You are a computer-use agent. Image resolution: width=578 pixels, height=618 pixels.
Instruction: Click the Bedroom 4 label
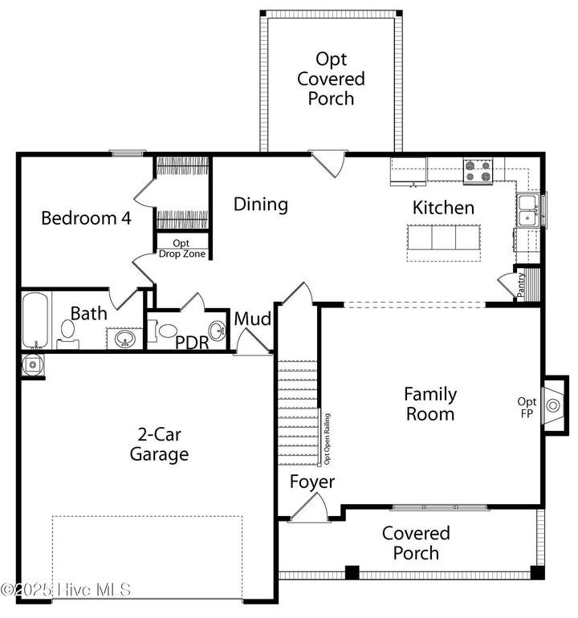click(x=86, y=218)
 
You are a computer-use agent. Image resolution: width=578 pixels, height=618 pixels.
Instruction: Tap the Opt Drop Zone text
click(x=181, y=248)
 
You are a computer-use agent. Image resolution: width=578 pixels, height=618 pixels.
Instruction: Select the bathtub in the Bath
click(x=37, y=320)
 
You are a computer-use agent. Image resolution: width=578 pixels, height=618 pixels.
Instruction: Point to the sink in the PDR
click(x=216, y=330)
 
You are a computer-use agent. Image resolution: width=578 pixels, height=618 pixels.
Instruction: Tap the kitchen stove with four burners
click(x=478, y=171)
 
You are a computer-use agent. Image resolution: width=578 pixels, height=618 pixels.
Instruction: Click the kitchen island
click(x=444, y=238)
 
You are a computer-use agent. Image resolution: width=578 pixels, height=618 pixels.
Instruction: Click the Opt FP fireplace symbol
click(x=553, y=406)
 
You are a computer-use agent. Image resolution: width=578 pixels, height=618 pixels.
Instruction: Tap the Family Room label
click(x=429, y=404)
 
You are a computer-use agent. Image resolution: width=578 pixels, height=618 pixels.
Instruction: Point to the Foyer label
click(x=312, y=482)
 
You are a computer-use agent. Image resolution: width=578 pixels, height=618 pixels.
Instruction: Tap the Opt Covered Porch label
click(x=331, y=79)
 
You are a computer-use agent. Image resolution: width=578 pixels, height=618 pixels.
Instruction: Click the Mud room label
click(x=252, y=319)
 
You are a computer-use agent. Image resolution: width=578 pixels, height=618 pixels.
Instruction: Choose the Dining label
click(x=261, y=204)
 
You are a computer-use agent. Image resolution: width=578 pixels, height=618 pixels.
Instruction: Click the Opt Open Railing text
click(x=326, y=437)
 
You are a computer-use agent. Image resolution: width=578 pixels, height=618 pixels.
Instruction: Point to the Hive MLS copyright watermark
click(x=66, y=589)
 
